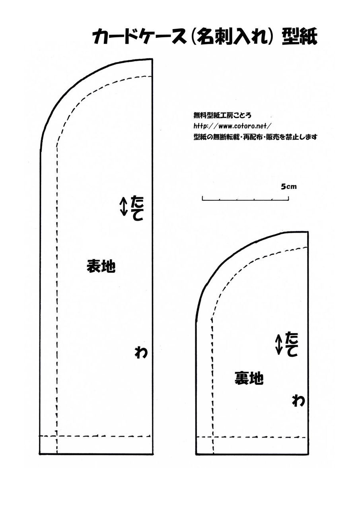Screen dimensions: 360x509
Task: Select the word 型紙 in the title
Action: pos(299,37)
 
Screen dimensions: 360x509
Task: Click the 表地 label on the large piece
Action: pos(101,266)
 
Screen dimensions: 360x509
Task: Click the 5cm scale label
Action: pos(289,187)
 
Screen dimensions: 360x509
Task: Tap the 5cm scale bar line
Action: pos(245,200)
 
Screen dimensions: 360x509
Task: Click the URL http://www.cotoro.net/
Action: pos(232,126)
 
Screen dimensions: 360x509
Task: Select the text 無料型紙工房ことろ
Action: pos(222,115)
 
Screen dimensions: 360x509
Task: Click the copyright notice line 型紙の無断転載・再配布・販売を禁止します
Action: pos(255,137)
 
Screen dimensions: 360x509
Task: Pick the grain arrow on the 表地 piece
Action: pos(124,206)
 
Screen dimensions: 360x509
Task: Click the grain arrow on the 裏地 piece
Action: pos(278,345)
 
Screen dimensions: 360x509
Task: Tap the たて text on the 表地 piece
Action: pos(138,208)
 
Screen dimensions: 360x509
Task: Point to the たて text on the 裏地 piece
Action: pos(291,344)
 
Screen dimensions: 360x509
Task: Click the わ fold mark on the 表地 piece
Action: pos(141,352)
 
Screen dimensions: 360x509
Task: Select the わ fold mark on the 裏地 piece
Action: pos(298,401)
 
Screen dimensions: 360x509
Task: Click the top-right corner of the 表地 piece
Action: pos(152,59)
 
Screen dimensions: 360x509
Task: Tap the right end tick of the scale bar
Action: pos(289,198)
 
